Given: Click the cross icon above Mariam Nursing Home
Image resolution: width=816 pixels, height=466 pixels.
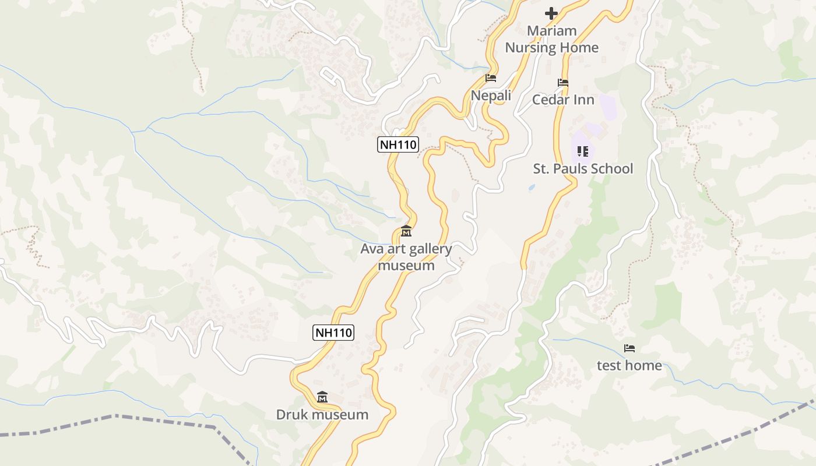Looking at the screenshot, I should (x=551, y=13).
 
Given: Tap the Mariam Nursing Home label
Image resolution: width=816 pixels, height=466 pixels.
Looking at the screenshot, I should (x=551, y=39).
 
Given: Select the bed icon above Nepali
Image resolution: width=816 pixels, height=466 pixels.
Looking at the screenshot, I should (x=491, y=78).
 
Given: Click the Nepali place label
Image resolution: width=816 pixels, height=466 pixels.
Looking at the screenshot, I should (x=491, y=96).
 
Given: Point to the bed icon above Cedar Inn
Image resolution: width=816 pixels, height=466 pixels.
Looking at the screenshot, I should (x=563, y=83).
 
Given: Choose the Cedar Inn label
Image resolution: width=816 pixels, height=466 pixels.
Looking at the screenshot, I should (x=563, y=100).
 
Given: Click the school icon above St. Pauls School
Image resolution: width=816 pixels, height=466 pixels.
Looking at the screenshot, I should (x=582, y=151).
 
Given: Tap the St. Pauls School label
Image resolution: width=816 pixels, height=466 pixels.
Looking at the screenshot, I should (x=583, y=169).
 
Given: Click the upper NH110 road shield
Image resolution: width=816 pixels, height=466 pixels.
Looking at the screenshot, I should (x=398, y=144).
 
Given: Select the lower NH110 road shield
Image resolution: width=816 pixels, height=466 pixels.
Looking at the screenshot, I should (x=333, y=333).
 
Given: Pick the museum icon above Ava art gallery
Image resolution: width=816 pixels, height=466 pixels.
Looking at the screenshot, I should (x=406, y=232).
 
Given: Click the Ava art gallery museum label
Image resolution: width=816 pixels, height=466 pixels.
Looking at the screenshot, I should (x=406, y=257).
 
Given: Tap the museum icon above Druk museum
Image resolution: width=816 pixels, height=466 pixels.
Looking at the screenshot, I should (x=322, y=397).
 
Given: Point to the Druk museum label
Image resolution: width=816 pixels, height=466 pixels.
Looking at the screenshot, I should (x=322, y=415).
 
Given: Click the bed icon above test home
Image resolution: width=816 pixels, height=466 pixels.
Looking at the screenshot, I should (x=629, y=348).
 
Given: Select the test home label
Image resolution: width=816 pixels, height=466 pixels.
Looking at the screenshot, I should (x=629, y=366).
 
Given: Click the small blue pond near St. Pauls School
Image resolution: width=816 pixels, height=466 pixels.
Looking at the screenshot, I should (x=532, y=188).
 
